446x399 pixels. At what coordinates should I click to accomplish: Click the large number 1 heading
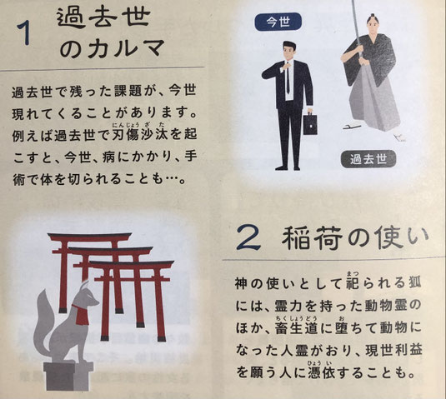(x=24, y=33)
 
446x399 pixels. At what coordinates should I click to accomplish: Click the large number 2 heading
(x=248, y=237)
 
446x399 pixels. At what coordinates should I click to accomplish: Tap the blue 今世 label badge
(x=278, y=22)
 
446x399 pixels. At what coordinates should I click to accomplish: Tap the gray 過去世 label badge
(x=368, y=159)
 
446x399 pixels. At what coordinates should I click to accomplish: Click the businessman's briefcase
(x=310, y=123)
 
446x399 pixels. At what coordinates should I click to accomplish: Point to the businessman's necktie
(x=288, y=77)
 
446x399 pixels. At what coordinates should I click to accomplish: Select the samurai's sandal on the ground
(x=352, y=127)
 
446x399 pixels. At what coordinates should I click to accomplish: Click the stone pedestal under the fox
(x=68, y=376)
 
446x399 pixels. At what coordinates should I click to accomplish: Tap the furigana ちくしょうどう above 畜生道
(x=296, y=318)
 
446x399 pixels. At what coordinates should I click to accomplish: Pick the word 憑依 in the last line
(x=323, y=373)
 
